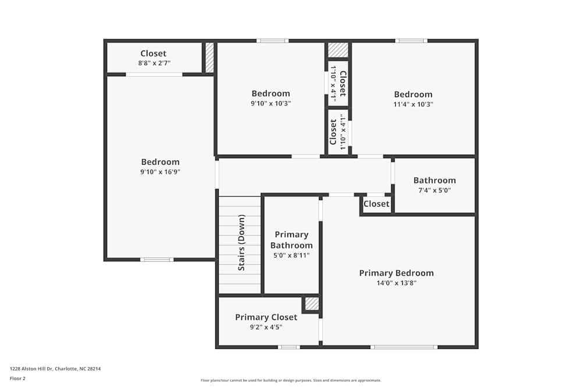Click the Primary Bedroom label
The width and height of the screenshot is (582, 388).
396,273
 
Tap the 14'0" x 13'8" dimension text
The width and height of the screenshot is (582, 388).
396,283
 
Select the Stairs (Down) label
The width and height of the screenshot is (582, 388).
242,243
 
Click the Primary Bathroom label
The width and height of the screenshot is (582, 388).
291,240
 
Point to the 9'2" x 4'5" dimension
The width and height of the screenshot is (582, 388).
266,327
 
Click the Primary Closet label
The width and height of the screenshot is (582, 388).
266,317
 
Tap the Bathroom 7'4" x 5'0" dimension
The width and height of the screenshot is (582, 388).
434,190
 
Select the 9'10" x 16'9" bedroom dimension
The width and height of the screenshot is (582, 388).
160,172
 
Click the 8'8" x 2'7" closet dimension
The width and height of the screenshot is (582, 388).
154,63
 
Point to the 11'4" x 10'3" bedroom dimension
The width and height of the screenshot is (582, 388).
413,104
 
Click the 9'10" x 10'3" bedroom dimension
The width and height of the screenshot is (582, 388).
271,103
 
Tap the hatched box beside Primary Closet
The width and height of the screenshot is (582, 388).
312,304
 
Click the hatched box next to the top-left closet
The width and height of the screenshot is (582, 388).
210,58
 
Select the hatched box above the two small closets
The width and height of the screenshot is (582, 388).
338,50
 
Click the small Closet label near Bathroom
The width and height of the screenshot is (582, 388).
376,204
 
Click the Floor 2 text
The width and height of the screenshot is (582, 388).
17,378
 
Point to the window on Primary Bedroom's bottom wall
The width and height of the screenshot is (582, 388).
403,347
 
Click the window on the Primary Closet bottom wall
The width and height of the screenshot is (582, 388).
289,347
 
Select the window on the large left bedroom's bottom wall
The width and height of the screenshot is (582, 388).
157,259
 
